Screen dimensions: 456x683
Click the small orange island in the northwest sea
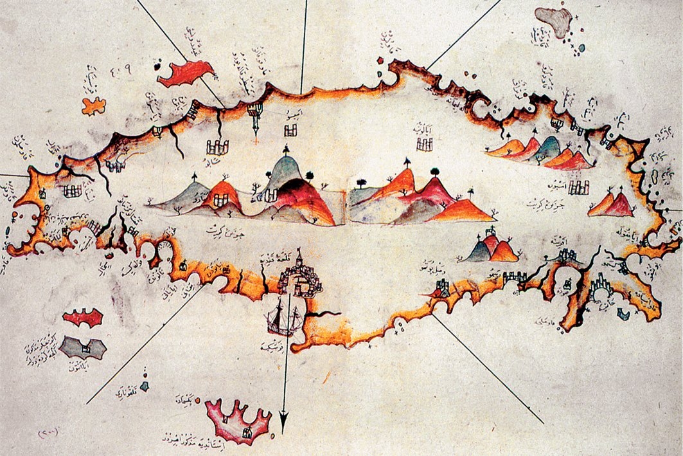94,105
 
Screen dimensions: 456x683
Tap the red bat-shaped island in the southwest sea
83,317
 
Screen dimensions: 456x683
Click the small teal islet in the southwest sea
145,386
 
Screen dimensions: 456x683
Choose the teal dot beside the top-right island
581,47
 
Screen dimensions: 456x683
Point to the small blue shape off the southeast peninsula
622,313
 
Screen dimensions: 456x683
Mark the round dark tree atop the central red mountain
434,172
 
